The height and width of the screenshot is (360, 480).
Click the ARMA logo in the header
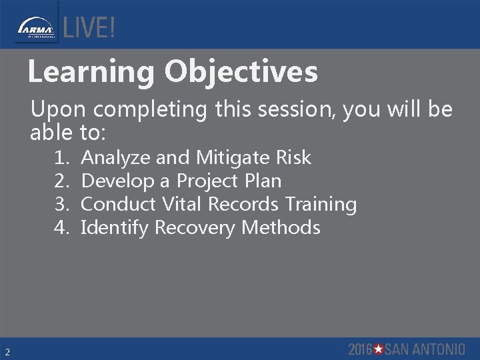(x=36, y=29)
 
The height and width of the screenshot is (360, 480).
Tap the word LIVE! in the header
(x=89, y=28)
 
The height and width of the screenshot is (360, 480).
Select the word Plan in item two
(x=262, y=181)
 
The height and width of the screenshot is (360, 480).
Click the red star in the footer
(x=378, y=349)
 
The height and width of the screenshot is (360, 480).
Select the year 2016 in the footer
(x=360, y=349)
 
